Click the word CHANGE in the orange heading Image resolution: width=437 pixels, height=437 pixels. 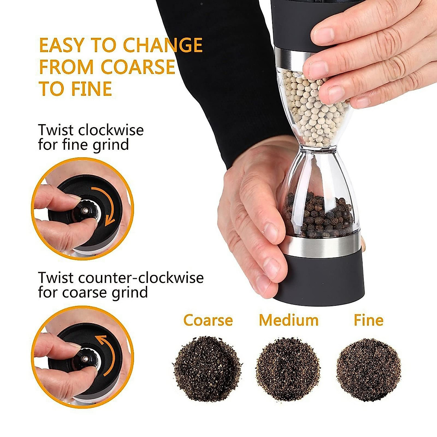[x=162, y=45]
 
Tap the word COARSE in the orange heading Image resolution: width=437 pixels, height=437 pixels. [x=138, y=67]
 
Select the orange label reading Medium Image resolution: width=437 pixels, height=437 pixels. [x=288, y=320]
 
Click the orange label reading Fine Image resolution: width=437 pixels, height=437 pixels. [x=368, y=320]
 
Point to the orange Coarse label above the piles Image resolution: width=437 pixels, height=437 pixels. [x=208, y=320]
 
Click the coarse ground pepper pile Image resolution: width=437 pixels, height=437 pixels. [x=207, y=369]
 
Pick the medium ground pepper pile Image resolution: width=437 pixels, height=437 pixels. [x=288, y=369]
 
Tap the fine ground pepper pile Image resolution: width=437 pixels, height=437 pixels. [x=369, y=369]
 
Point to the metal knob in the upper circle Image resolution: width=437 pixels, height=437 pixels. [x=84, y=210]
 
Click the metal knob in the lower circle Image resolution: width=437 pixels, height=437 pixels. [x=84, y=359]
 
